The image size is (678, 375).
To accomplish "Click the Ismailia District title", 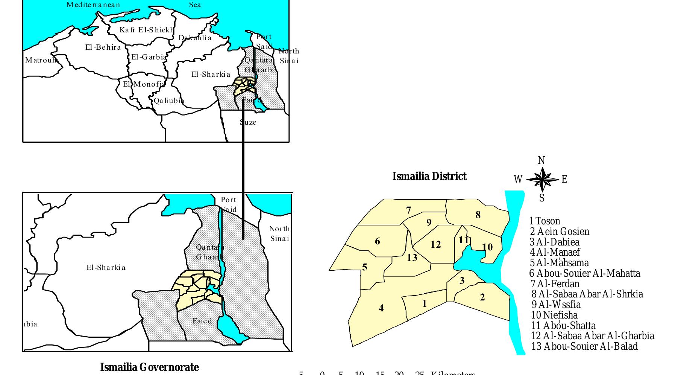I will [x=429, y=177].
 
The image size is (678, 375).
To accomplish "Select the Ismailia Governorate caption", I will [x=149, y=367].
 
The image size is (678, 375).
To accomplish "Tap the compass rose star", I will [x=542, y=179].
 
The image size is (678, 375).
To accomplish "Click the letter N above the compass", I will [x=541, y=161].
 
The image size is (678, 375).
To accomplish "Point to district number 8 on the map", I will [x=478, y=215].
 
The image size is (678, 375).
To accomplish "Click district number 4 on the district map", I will [x=381, y=308].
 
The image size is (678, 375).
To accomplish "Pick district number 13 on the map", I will [x=412, y=258].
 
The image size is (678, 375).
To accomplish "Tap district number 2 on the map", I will [x=482, y=297].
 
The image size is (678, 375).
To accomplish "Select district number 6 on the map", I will [x=378, y=241].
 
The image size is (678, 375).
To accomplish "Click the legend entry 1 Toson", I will [x=545, y=221].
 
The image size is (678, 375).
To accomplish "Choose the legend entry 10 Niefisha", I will [x=554, y=315].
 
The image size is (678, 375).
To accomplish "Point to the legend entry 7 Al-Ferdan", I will [x=555, y=284].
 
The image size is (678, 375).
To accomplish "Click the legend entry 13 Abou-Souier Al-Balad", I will [x=584, y=346].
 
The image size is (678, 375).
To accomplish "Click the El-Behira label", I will [x=103, y=47].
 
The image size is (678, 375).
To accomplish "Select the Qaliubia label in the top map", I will [x=169, y=101].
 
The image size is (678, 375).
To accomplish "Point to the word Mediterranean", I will [x=93, y=5].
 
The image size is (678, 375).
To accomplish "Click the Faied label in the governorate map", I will [x=202, y=321].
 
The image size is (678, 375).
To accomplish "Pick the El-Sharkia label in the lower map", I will [x=106, y=268].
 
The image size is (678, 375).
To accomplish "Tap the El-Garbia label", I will [x=148, y=57].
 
